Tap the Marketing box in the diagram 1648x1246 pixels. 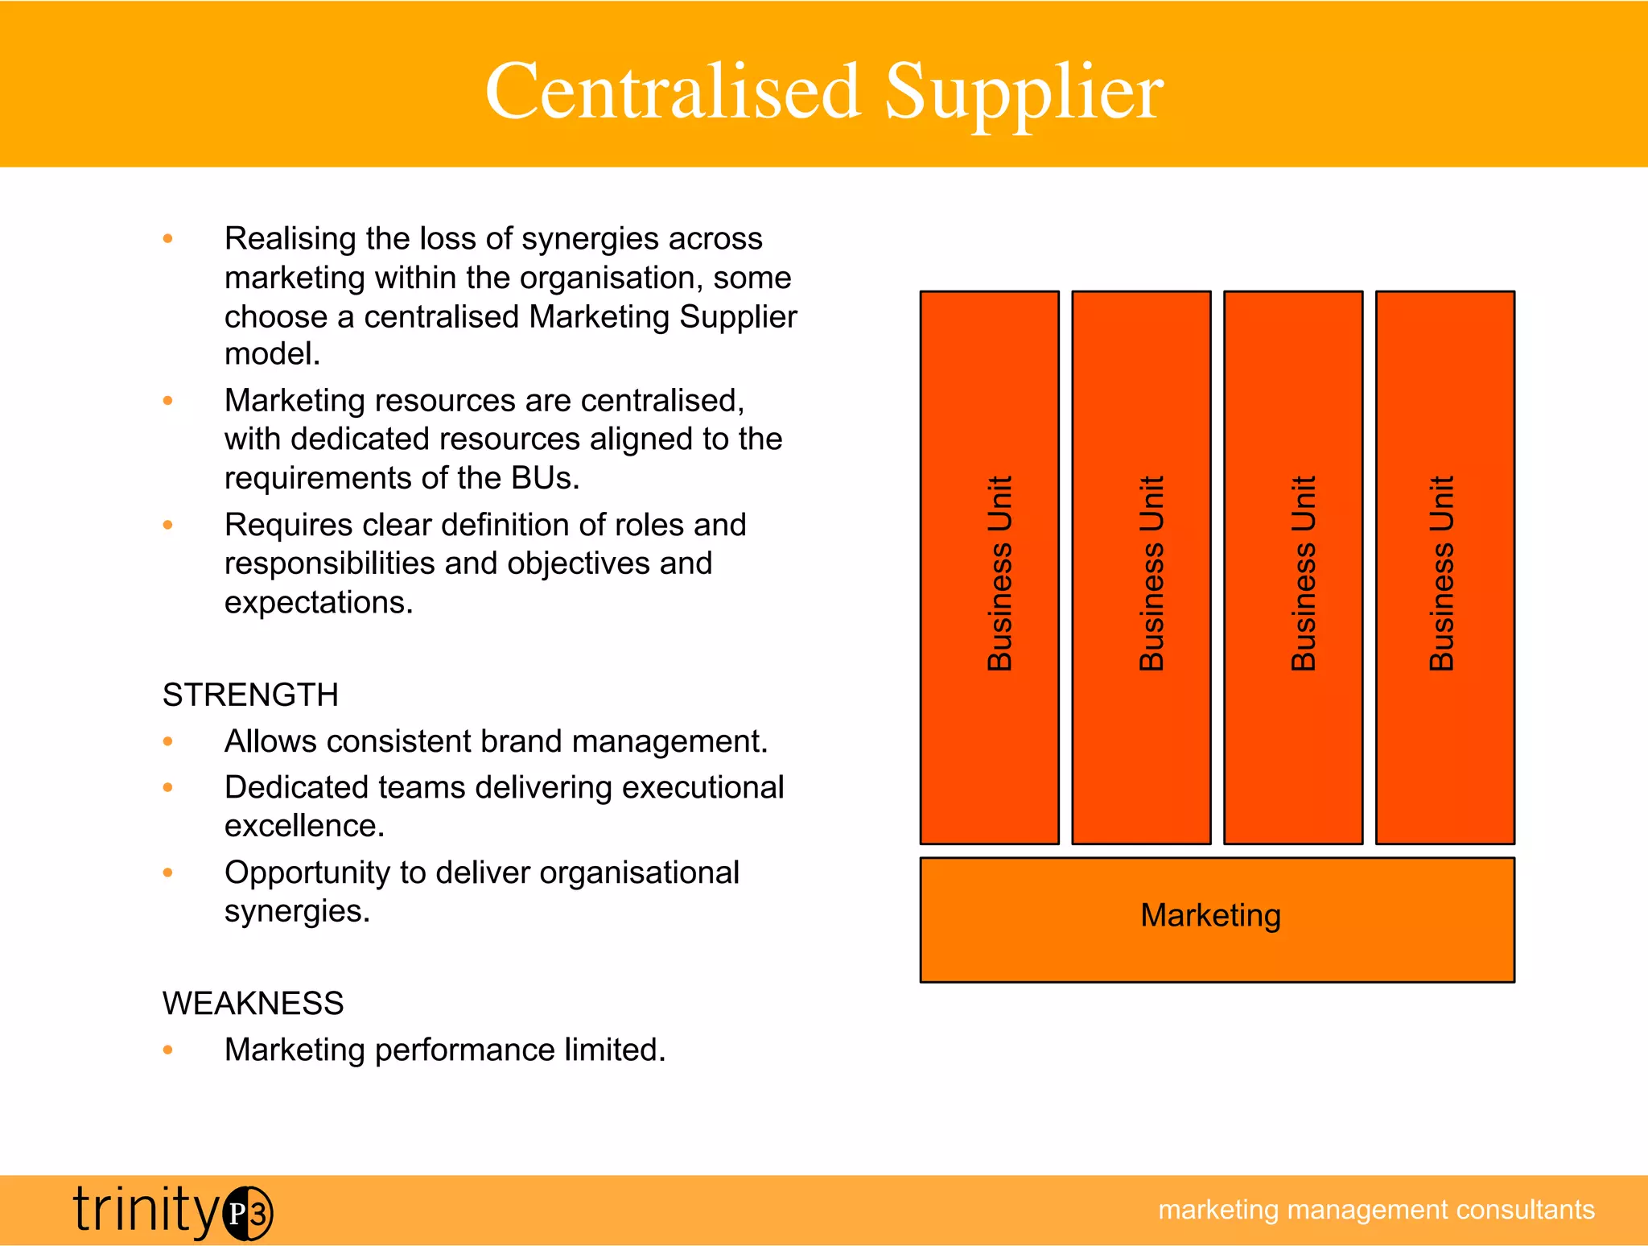click(1217, 919)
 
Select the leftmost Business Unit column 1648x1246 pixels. click(989, 567)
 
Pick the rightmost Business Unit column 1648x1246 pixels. click(1444, 567)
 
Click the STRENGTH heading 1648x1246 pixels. click(250, 695)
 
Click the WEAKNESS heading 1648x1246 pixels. click(253, 1004)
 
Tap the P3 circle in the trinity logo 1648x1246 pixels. click(248, 1213)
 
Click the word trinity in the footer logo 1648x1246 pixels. click(146, 1210)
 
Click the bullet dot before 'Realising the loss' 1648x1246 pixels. click(167, 238)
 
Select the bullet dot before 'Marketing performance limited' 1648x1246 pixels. click(167, 1050)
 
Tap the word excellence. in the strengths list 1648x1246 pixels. click(304, 826)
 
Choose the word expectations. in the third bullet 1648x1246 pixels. click(319, 602)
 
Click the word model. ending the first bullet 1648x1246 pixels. click(272, 354)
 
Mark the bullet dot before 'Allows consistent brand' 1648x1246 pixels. click(167, 741)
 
